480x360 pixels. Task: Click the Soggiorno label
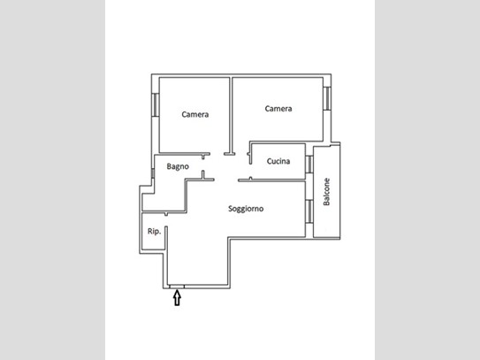tap(246, 209)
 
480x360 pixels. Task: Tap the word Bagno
tap(178, 166)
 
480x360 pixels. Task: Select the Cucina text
tap(278, 161)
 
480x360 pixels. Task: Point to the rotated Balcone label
tap(327, 192)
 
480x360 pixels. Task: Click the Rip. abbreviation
tap(154, 232)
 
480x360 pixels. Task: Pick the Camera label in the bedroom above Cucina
tap(278, 109)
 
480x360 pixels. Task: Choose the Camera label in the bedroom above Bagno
tap(195, 115)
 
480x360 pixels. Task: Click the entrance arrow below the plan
tap(177, 298)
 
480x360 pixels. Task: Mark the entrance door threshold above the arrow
tap(177, 287)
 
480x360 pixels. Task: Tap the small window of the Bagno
tap(153, 173)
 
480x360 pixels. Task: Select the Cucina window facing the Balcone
tap(309, 165)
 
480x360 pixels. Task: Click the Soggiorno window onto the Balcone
tap(309, 211)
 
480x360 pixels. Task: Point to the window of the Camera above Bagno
tap(156, 104)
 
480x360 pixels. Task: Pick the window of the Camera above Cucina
tap(327, 98)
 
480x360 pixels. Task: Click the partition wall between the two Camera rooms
tap(231, 116)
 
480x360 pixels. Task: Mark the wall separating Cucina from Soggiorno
tap(272, 180)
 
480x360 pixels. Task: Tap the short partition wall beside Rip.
tap(166, 238)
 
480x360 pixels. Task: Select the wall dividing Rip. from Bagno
tap(164, 212)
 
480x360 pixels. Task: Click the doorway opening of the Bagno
tap(203, 165)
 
